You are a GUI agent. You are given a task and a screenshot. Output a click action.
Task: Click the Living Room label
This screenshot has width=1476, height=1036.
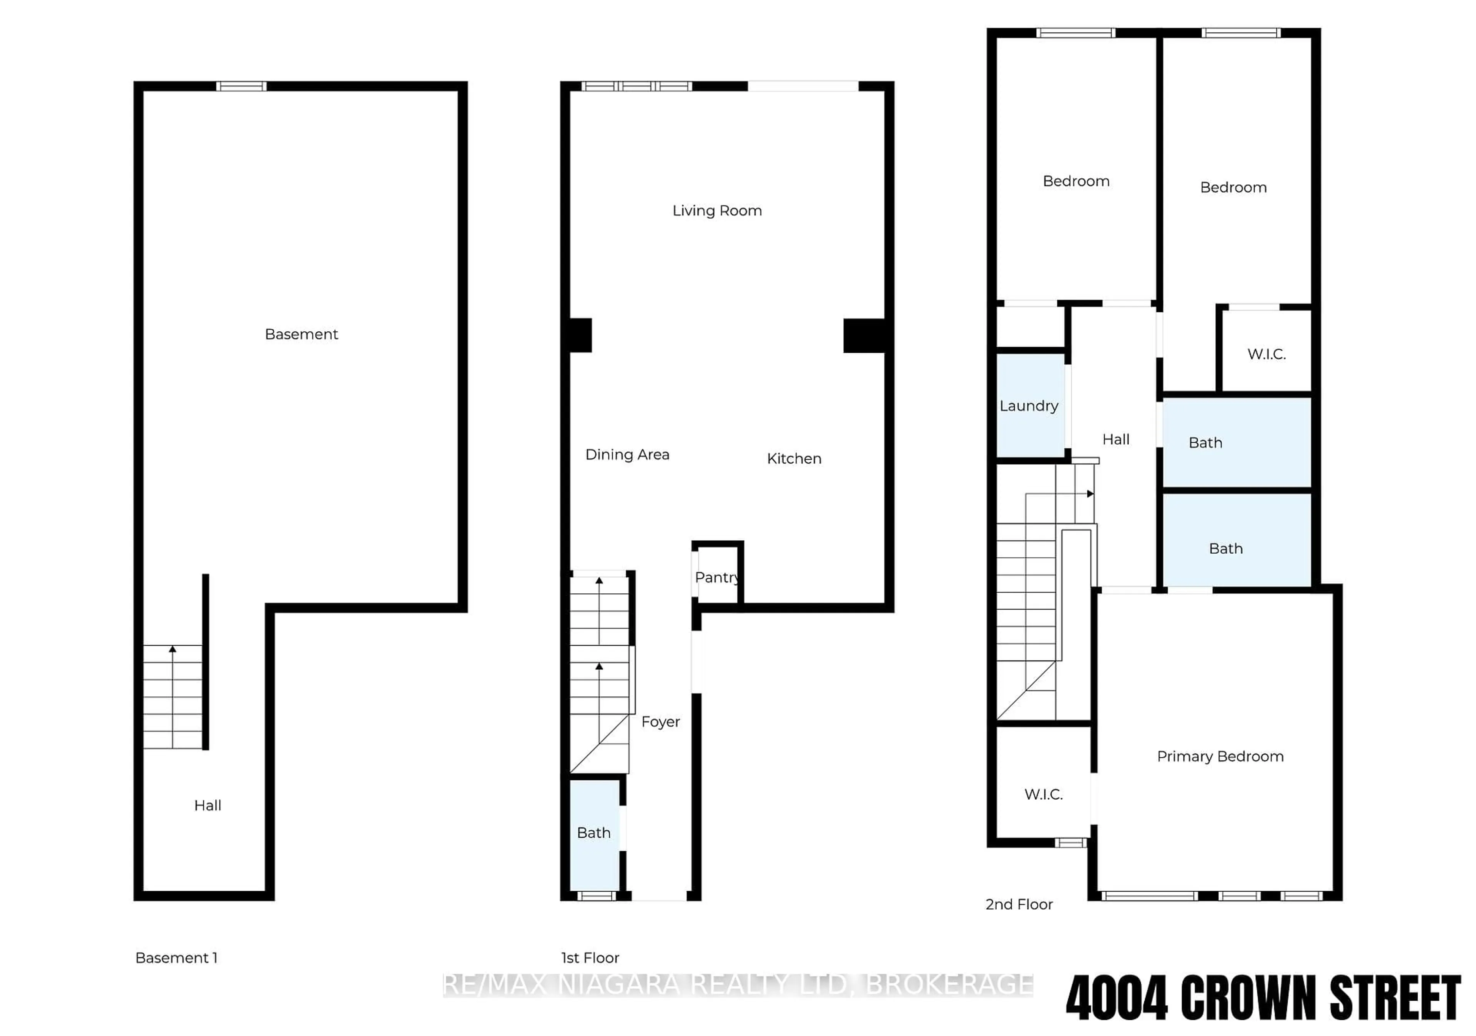click(717, 211)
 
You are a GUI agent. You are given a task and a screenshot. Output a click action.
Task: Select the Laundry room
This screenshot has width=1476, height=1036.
click(1029, 405)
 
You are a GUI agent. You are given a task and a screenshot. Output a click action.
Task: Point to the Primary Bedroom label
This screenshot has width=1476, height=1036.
click(1220, 756)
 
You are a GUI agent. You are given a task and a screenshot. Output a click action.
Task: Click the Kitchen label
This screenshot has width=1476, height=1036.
click(794, 458)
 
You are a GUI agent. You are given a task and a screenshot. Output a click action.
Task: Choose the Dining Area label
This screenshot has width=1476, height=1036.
click(627, 454)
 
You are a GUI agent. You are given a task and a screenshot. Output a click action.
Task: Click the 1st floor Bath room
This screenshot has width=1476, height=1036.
click(594, 833)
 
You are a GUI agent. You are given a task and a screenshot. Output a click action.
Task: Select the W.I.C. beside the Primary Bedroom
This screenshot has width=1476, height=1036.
click(1043, 794)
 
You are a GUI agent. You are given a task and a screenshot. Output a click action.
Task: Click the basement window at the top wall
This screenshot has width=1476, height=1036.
click(241, 86)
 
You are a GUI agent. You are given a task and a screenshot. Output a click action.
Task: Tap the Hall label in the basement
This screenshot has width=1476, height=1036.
click(208, 805)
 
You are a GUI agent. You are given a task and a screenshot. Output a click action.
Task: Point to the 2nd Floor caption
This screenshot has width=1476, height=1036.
click(1019, 904)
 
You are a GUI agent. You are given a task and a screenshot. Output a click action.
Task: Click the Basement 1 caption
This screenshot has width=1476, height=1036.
click(176, 958)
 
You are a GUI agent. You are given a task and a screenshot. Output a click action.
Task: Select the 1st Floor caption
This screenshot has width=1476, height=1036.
click(590, 958)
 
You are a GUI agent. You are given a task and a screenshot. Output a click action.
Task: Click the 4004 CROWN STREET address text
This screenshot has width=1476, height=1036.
click(1263, 998)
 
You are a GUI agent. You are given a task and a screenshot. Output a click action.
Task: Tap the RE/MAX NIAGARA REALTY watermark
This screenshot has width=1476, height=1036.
click(738, 985)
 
